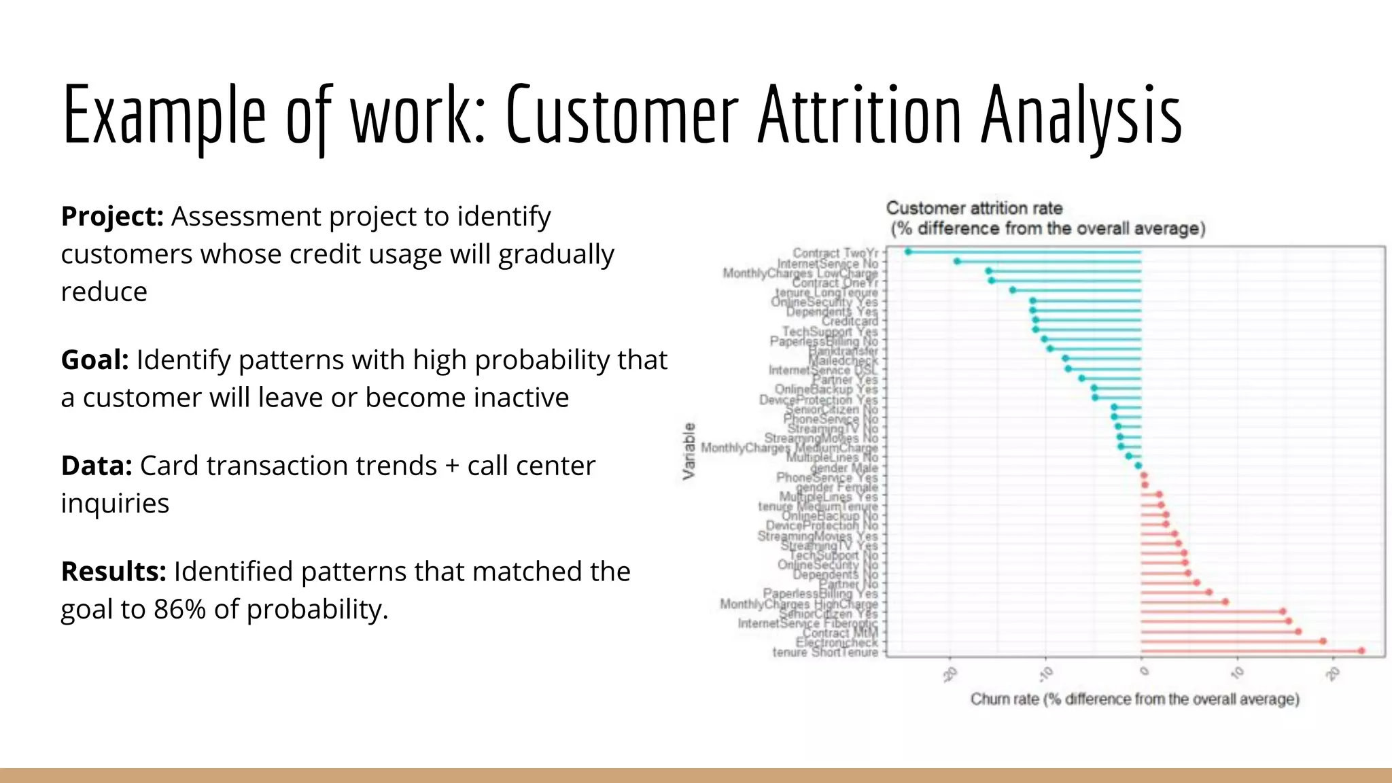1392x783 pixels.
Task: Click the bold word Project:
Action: point(112,217)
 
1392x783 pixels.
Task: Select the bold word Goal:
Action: point(94,360)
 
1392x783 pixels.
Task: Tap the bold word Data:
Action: point(97,466)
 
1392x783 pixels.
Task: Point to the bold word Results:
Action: point(114,572)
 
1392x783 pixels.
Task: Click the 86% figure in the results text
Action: point(179,610)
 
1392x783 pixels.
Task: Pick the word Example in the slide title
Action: point(164,116)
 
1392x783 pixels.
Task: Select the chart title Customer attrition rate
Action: point(973,208)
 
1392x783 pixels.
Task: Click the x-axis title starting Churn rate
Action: point(1134,699)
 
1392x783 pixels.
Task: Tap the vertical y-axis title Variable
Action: point(689,451)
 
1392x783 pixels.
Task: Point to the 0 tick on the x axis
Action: point(1144,672)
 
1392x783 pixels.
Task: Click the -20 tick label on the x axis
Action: point(950,674)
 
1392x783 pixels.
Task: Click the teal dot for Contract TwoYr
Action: point(908,252)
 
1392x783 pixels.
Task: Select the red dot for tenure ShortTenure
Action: point(1361,651)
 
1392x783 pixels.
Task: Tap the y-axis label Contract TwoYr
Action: point(835,253)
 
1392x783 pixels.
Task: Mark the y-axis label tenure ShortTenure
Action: point(824,652)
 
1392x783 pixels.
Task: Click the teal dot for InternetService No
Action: point(957,262)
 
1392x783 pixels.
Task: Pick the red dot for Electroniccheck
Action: point(1323,642)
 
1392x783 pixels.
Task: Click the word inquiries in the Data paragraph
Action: point(115,504)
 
